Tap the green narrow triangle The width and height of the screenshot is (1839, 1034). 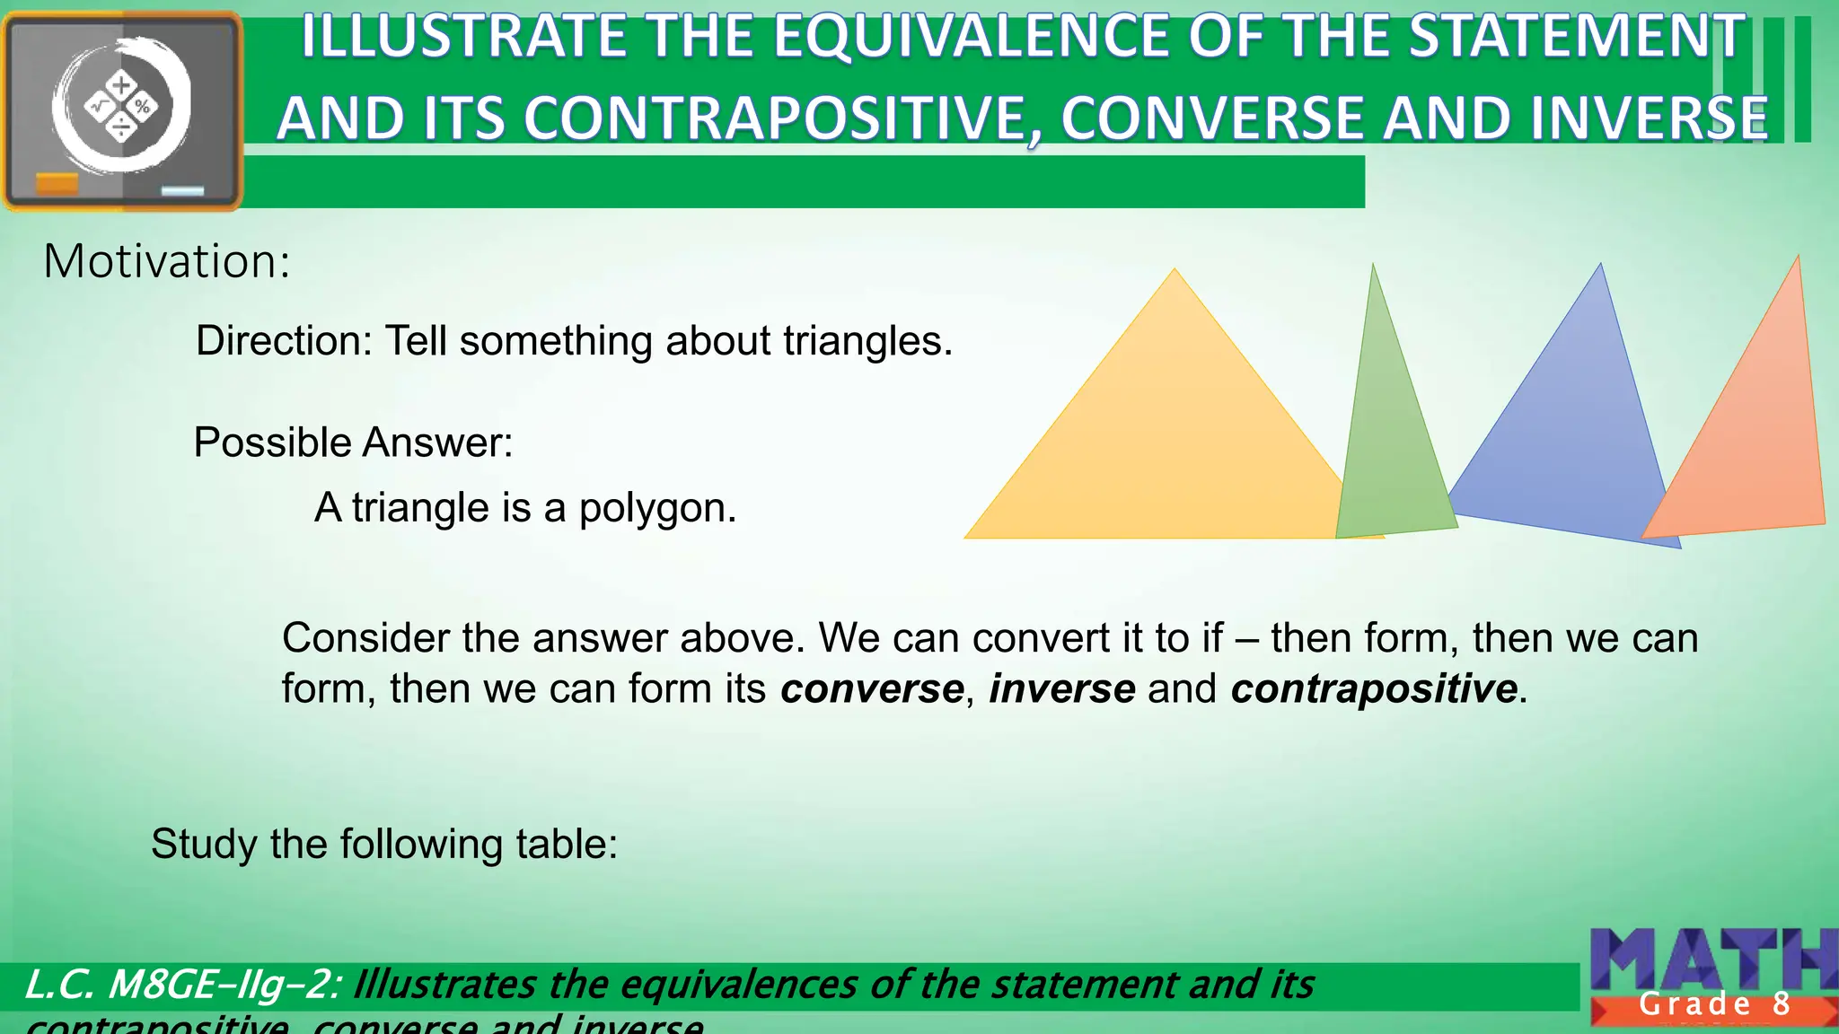(x=1387, y=449)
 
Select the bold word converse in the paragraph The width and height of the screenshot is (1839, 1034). (x=871, y=689)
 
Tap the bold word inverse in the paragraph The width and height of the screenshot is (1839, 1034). (x=1061, y=689)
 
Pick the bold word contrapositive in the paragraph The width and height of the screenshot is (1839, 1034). (x=1374, y=689)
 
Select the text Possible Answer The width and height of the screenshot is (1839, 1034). (x=353, y=443)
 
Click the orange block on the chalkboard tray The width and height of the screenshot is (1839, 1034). (x=57, y=184)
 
